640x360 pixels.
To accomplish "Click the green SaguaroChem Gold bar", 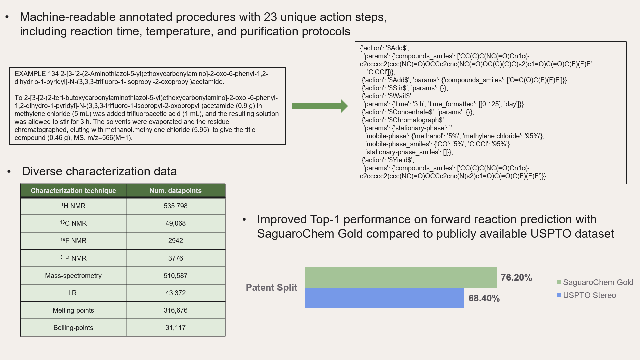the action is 401,277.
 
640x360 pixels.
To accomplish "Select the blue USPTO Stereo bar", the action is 385,298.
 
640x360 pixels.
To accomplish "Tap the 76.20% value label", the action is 516,278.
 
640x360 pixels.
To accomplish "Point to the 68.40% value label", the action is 484,298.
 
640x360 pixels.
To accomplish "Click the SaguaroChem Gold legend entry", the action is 595,282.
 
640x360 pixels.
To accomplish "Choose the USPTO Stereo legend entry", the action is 587,295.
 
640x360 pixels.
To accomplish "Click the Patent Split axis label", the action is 271,288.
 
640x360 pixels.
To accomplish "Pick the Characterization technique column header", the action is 73,191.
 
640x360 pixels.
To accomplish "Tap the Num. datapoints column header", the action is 176,191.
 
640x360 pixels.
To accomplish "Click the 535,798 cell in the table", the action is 176,206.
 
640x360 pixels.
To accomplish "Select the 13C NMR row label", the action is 73,223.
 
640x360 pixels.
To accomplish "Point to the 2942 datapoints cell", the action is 176,241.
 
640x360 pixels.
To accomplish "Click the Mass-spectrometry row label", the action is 73,276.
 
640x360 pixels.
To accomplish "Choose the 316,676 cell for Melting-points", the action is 176,310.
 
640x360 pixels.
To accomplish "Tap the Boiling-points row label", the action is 73,328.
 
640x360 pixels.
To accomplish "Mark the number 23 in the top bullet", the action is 270,17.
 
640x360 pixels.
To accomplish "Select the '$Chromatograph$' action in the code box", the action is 416,120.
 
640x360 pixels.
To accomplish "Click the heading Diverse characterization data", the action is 99,171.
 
